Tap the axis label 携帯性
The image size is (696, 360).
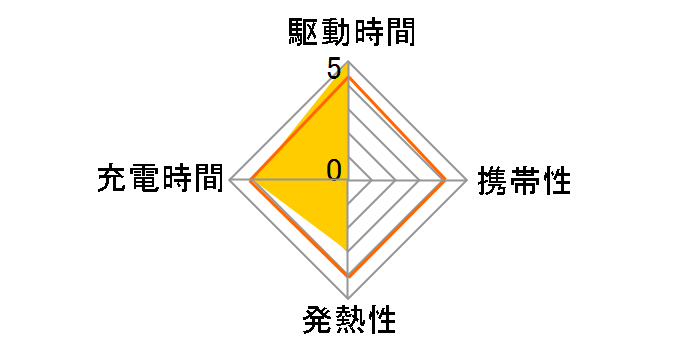[524, 181]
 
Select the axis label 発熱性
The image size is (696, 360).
[348, 322]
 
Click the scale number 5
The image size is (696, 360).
[333, 70]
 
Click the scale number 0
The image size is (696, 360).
[334, 170]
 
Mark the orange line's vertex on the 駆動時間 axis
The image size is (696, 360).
[347, 76]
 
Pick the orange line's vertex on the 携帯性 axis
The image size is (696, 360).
[445, 180]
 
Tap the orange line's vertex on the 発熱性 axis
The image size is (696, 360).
[347, 275]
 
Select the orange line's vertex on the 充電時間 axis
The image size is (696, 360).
[250, 180]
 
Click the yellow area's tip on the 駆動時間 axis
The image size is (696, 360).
[347, 62]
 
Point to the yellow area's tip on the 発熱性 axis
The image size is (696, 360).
[347, 248]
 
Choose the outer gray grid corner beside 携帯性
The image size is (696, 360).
[467, 180]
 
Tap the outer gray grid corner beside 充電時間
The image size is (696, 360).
[228, 180]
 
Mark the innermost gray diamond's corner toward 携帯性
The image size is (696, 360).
[371, 180]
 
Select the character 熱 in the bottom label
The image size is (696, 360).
[348, 322]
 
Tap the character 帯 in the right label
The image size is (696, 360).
[524, 181]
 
